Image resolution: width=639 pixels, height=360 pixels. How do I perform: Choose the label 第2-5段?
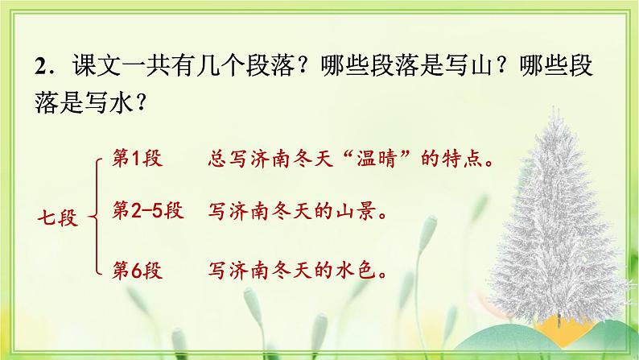(x=149, y=213)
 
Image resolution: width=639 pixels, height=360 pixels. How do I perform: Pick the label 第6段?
(x=138, y=268)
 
